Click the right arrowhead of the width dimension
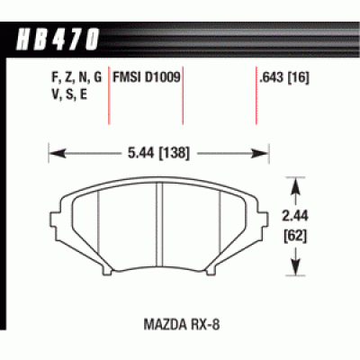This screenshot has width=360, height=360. pyautogui.click(x=267, y=152)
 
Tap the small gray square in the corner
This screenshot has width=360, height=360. pyautogui.click(x=354, y=354)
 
